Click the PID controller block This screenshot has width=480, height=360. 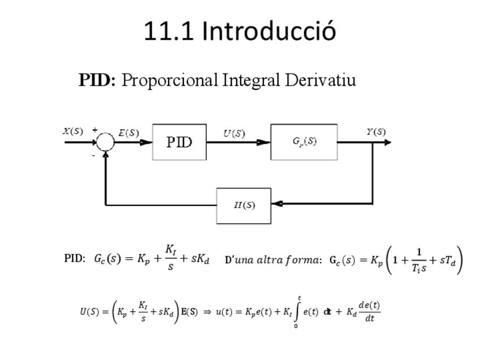(179, 142)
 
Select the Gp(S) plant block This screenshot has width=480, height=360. (304, 142)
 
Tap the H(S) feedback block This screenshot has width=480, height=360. (244, 205)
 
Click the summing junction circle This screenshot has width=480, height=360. (105, 142)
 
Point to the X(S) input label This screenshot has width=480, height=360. (72, 131)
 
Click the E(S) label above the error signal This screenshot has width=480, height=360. (128, 133)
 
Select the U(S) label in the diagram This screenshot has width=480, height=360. (234, 133)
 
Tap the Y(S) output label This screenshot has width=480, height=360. (376, 132)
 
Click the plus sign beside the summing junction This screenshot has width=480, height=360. (95, 130)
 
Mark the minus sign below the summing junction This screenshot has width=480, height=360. (93, 156)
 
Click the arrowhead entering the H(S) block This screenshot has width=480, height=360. (277, 203)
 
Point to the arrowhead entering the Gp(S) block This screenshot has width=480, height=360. (264, 142)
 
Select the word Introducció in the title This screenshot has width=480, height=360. (269, 31)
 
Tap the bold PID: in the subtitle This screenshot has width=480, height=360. (97, 80)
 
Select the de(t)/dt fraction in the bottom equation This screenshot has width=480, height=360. (369, 311)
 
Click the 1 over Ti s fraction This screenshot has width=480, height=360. (419, 260)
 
